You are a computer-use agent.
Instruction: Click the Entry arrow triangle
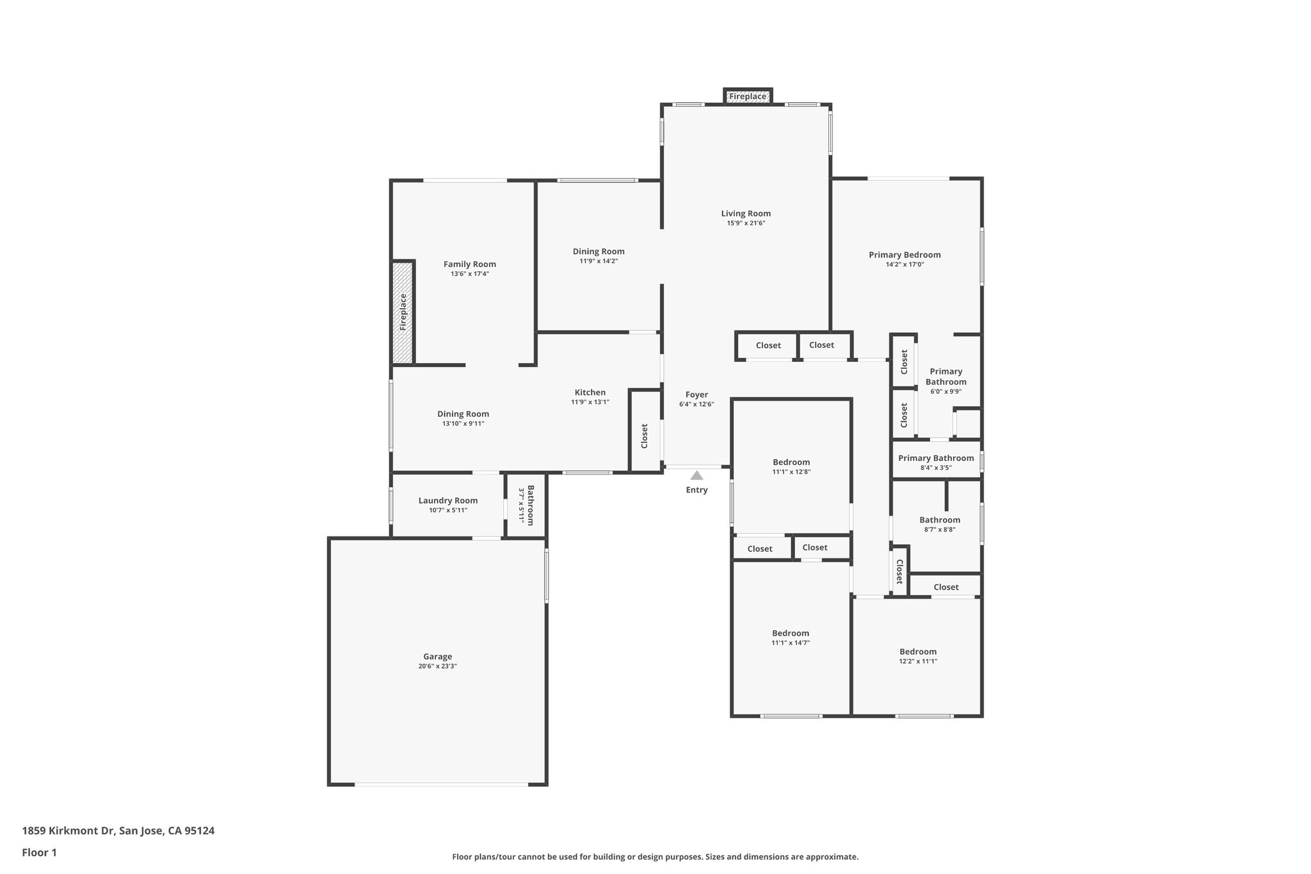[x=696, y=476]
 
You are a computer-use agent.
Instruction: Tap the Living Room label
[x=746, y=214]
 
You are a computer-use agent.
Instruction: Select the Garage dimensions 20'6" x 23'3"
[x=437, y=667]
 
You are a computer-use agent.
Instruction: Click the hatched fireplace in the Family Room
[x=403, y=312]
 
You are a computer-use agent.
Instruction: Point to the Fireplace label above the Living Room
[x=748, y=97]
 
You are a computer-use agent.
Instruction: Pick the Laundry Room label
[x=448, y=501]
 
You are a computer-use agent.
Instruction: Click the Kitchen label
[x=590, y=392]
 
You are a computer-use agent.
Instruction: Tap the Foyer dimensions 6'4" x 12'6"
[x=696, y=405]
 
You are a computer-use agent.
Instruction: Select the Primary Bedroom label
[x=905, y=255]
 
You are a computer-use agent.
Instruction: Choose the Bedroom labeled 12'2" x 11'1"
[x=917, y=652]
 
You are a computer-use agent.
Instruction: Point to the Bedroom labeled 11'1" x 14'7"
[x=791, y=633]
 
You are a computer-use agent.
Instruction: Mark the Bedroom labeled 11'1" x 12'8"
[x=791, y=462]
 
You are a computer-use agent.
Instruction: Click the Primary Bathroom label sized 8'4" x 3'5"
[x=936, y=458]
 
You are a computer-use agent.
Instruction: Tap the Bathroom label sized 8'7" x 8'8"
[x=940, y=520]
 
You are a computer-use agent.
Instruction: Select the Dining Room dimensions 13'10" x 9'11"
[x=463, y=424]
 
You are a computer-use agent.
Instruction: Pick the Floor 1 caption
[x=40, y=852]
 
